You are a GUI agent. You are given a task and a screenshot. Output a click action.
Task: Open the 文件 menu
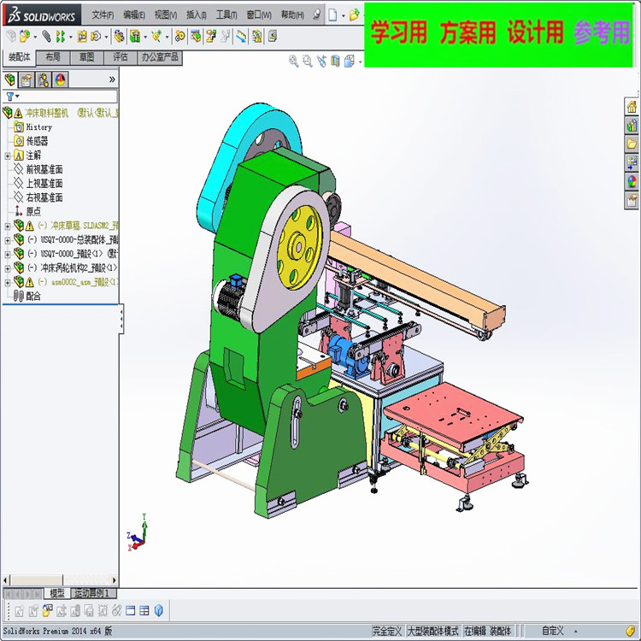103,15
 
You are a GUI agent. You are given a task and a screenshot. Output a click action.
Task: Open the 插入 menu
197,15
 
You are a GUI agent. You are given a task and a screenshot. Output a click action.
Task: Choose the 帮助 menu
292,15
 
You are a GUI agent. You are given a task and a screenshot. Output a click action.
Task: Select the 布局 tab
53,57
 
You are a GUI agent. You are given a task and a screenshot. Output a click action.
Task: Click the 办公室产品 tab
160,57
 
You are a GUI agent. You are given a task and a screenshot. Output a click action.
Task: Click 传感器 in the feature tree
37,141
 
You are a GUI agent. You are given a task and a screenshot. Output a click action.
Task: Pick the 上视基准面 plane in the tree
44,184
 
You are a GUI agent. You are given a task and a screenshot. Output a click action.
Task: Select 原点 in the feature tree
33,211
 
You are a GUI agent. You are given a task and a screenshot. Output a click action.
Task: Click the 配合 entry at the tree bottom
33,296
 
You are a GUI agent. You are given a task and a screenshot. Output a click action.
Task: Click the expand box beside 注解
8,156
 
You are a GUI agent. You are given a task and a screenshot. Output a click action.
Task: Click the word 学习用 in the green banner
398,33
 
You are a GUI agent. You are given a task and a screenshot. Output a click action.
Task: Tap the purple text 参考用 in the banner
602,33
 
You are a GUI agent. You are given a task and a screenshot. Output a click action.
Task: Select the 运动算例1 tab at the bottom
93,593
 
